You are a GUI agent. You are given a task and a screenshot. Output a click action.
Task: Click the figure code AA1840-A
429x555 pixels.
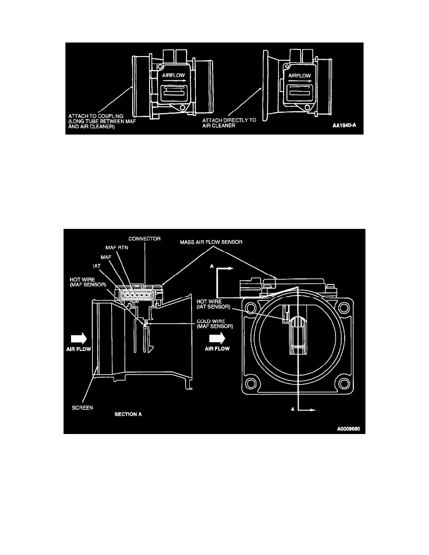pyautogui.click(x=344, y=125)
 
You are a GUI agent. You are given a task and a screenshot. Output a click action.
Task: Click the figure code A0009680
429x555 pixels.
pyautogui.click(x=349, y=429)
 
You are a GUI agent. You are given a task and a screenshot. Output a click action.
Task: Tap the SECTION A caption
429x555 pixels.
pyautogui.click(x=128, y=414)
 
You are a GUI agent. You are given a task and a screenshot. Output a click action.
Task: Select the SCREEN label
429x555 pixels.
pyautogui.click(x=82, y=408)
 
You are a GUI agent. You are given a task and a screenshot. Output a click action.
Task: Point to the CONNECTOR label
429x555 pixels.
pyautogui.click(x=144, y=239)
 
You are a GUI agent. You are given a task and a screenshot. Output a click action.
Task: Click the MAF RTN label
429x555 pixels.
pyautogui.click(x=117, y=248)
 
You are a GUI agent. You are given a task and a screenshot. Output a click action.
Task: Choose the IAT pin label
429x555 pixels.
pyautogui.click(x=97, y=266)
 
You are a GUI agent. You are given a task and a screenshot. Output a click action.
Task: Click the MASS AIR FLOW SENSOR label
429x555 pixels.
pyautogui.click(x=211, y=242)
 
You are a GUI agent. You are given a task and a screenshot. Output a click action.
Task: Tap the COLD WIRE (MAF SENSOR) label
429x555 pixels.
pyautogui.click(x=215, y=324)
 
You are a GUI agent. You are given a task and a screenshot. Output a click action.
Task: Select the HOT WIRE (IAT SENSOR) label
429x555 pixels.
pyautogui.click(x=214, y=304)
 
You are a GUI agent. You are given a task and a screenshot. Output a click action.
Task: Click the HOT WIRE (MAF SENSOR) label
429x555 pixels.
pyautogui.click(x=88, y=282)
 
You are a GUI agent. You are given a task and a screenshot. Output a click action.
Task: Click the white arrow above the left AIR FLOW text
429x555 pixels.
pyautogui.click(x=79, y=339)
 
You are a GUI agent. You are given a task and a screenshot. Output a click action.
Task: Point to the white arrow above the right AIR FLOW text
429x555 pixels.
pyautogui.click(x=217, y=339)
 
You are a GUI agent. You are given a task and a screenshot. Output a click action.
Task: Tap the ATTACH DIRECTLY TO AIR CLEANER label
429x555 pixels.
pyautogui.click(x=229, y=123)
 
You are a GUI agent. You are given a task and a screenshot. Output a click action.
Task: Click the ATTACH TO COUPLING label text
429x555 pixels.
pyautogui.click(x=96, y=116)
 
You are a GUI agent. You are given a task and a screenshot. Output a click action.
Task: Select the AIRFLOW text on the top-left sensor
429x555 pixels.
pyautogui.click(x=173, y=75)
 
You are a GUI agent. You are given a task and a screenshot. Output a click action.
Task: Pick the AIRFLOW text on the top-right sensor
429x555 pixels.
pyautogui.click(x=300, y=75)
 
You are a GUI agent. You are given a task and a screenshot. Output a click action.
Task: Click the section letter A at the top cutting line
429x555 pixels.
pyautogui.click(x=212, y=266)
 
